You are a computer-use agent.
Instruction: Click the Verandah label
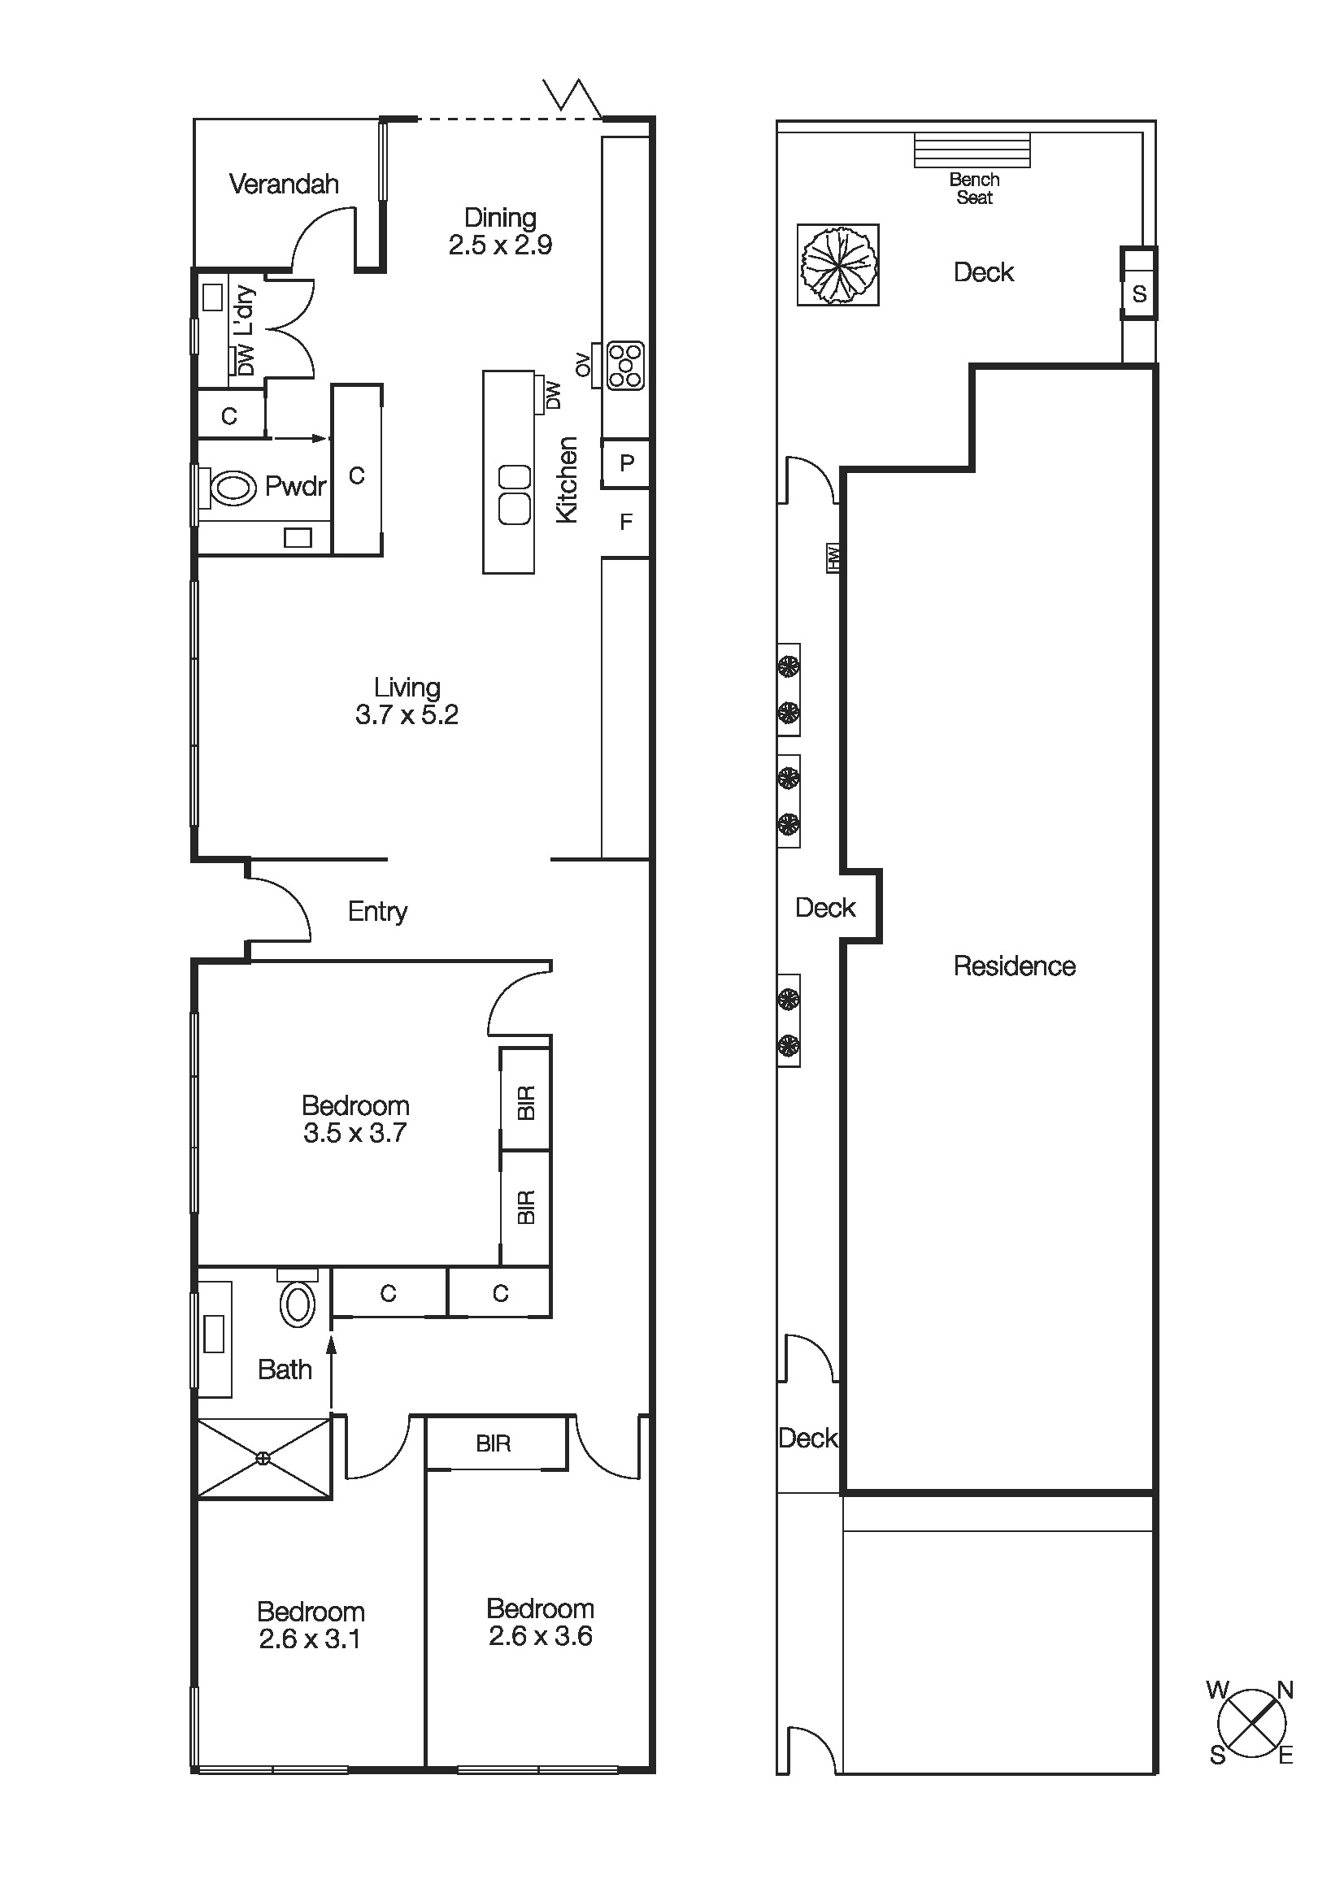[283, 184]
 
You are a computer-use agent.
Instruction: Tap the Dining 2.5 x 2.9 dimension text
[500, 245]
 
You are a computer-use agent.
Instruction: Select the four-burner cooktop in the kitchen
[625, 365]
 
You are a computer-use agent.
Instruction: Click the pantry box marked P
[626, 462]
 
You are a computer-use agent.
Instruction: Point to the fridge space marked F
[626, 522]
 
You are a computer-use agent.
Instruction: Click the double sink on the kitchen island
[513, 494]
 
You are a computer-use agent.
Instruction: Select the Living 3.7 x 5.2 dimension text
[407, 714]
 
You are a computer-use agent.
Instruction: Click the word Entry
[377, 912]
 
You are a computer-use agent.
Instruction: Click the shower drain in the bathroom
[263, 1459]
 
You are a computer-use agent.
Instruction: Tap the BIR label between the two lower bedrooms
[494, 1444]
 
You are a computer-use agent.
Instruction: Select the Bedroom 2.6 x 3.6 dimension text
[540, 1636]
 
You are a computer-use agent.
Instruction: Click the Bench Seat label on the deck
[974, 189]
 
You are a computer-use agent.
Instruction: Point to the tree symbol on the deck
[838, 265]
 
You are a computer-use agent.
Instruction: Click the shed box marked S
[1139, 293]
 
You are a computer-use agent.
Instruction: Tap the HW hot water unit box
[833, 558]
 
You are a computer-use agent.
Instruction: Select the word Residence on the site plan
[1015, 966]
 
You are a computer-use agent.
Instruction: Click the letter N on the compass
[1285, 1691]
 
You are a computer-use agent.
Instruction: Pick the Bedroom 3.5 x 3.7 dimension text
[354, 1133]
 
